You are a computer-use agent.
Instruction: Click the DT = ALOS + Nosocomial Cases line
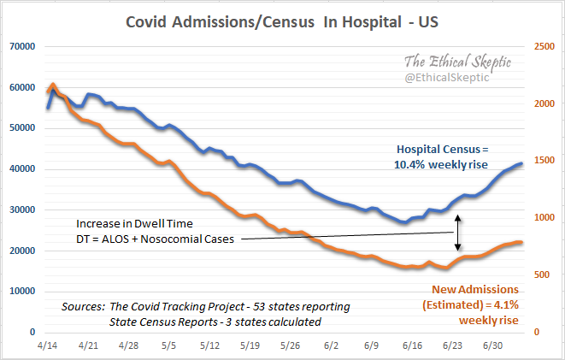point(154,239)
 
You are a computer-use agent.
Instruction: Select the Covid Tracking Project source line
point(205,306)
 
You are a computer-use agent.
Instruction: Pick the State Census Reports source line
point(215,322)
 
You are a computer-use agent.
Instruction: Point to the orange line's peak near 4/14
point(53,85)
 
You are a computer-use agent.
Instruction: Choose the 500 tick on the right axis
point(542,274)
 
